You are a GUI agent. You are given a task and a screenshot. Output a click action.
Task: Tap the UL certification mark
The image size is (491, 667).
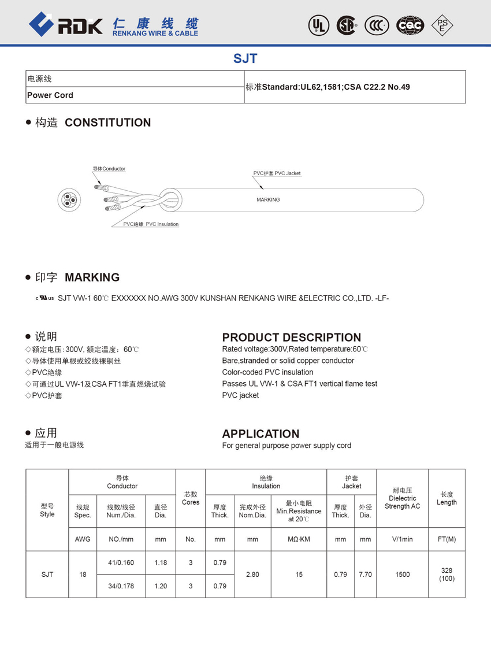318,25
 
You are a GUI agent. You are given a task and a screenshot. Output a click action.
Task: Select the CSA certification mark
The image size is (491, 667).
347,25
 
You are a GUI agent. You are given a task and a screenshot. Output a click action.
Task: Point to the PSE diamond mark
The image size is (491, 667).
442,25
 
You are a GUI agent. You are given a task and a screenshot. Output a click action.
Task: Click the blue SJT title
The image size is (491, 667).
245,58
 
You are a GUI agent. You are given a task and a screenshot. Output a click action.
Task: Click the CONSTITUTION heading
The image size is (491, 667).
107,123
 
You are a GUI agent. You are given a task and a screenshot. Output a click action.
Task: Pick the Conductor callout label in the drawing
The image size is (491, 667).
109,169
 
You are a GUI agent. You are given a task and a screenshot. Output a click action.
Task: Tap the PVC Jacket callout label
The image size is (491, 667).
277,173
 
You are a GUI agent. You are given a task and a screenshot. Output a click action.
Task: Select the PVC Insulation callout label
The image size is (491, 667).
151,224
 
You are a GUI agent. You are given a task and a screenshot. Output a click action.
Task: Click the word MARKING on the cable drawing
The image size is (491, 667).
268,199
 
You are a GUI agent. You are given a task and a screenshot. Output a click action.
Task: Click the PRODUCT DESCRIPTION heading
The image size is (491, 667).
291,338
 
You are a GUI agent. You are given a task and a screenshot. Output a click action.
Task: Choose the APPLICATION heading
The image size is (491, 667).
261,434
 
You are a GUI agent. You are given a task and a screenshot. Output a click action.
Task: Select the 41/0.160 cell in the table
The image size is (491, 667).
121,562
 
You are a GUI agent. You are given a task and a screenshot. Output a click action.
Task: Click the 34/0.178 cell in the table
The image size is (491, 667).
121,586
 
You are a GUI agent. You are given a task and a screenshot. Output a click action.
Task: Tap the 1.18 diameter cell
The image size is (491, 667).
161,562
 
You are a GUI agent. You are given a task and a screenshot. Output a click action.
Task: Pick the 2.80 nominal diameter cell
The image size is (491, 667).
252,575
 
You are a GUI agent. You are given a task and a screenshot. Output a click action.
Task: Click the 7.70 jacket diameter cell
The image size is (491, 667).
365,575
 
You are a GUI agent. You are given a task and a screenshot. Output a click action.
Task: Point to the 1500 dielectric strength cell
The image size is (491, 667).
402,575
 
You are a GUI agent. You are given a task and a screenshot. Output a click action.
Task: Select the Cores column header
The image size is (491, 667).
191,498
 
